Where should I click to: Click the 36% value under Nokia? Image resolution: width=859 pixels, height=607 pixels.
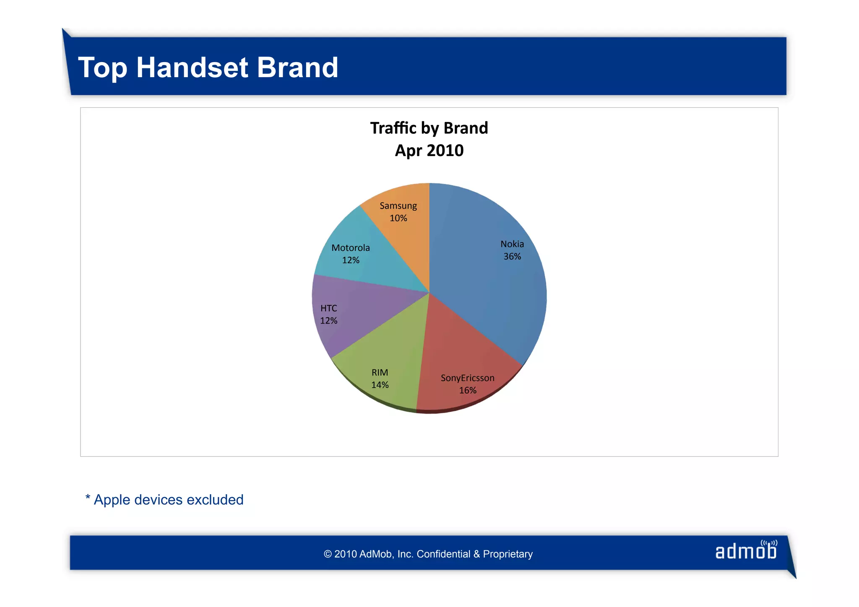click(512, 256)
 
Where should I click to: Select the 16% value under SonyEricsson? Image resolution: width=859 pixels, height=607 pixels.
click(468, 391)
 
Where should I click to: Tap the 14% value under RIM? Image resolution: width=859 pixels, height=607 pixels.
click(380, 385)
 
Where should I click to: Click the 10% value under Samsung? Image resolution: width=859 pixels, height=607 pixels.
click(398, 218)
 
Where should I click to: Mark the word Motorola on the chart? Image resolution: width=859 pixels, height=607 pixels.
click(351, 248)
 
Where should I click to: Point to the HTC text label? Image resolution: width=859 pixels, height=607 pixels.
click(329, 308)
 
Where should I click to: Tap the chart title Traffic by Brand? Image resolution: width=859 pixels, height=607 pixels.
click(429, 128)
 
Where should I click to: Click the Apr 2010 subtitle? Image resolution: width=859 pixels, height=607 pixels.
click(429, 151)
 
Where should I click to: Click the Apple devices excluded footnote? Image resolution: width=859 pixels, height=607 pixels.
click(164, 500)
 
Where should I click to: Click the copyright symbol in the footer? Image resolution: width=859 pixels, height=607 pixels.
click(328, 554)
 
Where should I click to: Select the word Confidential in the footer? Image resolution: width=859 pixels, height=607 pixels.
click(443, 554)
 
